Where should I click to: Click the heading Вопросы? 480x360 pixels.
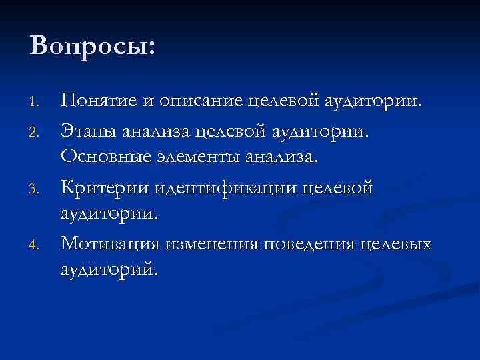click(x=92, y=46)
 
